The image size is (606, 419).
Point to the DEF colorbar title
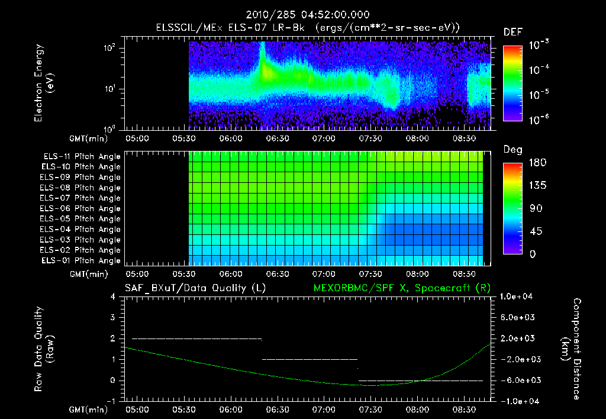pyautogui.click(x=512, y=32)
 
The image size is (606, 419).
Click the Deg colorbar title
pyautogui.click(x=512, y=150)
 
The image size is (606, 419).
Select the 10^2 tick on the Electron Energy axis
pyautogui.click(x=110, y=49)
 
